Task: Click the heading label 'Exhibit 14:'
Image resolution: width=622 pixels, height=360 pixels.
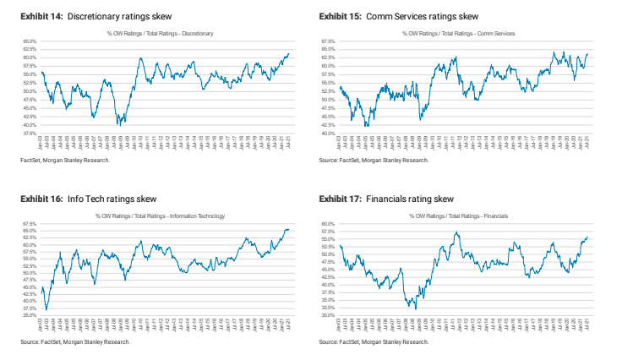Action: pyautogui.click(x=40, y=17)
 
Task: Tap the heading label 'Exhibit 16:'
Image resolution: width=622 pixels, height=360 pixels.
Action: pyautogui.click(x=40, y=199)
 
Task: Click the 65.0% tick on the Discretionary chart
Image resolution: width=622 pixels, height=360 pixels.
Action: pyautogui.click(x=29, y=41)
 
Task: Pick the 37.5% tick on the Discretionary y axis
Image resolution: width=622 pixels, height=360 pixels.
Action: pyautogui.click(x=29, y=134)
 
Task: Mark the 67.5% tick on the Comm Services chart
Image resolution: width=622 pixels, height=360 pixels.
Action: pyautogui.click(x=328, y=41)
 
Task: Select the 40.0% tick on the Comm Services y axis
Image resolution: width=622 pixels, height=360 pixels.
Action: pyautogui.click(x=328, y=134)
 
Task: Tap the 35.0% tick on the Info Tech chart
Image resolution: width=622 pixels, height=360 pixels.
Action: pyautogui.click(x=29, y=315)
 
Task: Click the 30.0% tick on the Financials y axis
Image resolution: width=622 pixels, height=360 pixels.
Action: pyautogui.click(x=328, y=315)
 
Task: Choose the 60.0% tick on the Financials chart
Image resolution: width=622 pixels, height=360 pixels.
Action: pyautogui.click(x=328, y=224)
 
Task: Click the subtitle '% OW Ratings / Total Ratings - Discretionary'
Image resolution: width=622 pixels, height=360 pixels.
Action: pyautogui.click(x=160, y=33)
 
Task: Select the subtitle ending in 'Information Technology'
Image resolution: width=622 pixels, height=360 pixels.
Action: pyautogui.click(x=160, y=216)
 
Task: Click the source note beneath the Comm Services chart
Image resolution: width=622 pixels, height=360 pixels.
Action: pyautogui.click(x=374, y=160)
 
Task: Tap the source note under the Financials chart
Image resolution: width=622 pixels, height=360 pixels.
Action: pyautogui.click(x=374, y=342)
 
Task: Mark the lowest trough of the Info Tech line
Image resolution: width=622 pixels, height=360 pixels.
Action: pyautogui.click(x=46, y=309)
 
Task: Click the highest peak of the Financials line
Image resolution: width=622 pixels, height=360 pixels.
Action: pyautogui.click(x=456, y=232)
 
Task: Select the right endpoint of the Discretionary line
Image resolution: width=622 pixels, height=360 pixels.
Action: pyautogui.click(x=289, y=53)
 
